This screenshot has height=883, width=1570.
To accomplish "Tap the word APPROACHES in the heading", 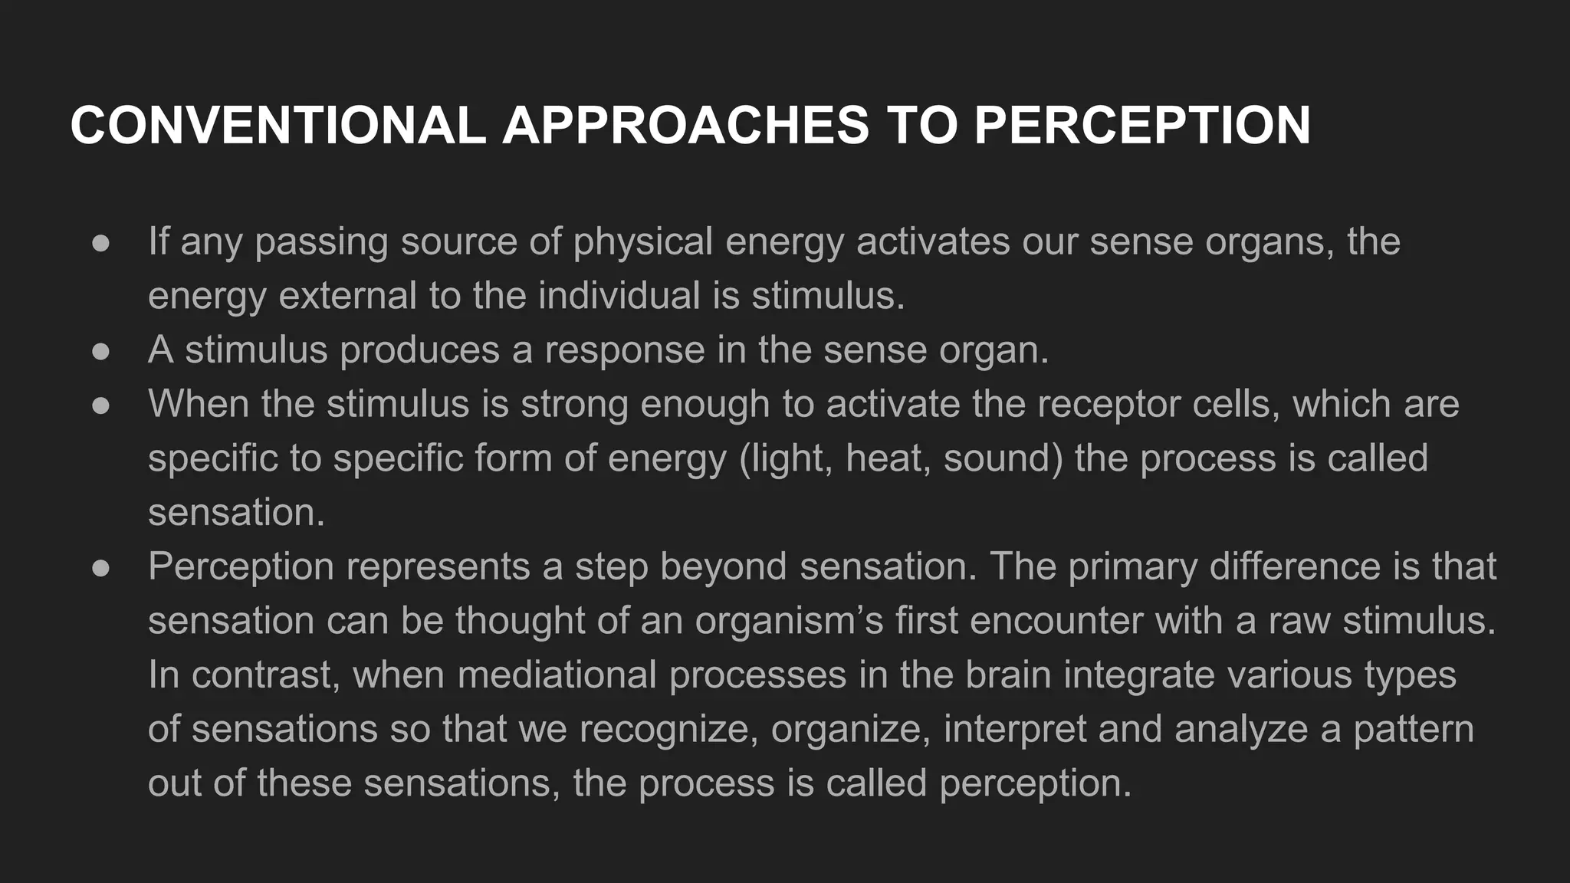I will pyautogui.click(x=686, y=125).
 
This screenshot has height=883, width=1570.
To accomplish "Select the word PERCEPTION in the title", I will pyautogui.click(x=1142, y=125).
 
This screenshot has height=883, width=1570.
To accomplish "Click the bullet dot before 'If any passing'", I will pyautogui.click(x=100, y=243).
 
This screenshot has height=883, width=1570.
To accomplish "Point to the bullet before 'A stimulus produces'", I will pyautogui.click(x=100, y=352).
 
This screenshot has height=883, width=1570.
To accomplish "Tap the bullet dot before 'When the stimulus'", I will pyautogui.click(x=100, y=405).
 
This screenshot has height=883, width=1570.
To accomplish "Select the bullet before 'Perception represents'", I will pyautogui.click(x=100, y=568).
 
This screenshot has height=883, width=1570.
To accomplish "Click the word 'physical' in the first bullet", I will pyautogui.click(x=642, y=241).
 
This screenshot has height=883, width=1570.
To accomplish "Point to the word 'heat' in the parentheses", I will pyautogui.click(x=888, y=458).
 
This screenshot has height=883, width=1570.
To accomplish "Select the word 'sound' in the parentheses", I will pyautogui.click(x=1003, y=458).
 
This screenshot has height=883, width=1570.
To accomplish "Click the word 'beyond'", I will pyautogui.click(x=723, y=567).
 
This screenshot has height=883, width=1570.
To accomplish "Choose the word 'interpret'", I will pyautogui.click(x=1014, y=729).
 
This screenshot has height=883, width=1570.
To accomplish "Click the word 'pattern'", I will pyautogui.click(x=1413, y=729).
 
